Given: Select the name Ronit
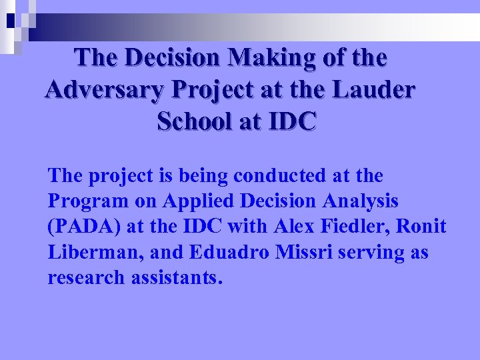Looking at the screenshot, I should click(x=422, y=227).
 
